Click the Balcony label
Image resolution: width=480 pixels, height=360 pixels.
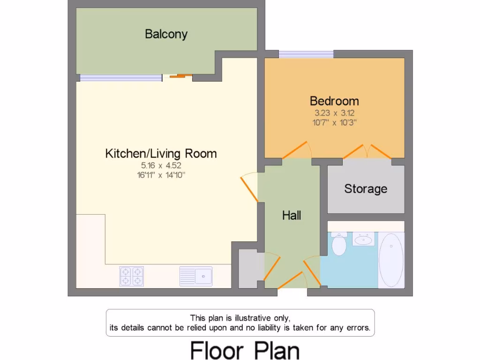point(166,34)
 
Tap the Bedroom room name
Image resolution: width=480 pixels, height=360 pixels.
point(334,101)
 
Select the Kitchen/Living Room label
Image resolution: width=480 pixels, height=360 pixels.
point(161,153)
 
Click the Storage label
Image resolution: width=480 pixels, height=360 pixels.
point(366,189)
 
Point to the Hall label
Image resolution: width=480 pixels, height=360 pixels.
point(291,216)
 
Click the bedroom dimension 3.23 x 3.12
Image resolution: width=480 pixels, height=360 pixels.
point(334,113)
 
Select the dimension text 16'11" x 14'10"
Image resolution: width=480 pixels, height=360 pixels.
point(161,175)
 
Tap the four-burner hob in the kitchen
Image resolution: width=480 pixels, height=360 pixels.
point(131,276)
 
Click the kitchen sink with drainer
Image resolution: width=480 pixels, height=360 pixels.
point(196,276)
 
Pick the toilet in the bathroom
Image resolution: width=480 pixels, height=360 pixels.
point(338,244)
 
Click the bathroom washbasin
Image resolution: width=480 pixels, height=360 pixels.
point(364,240)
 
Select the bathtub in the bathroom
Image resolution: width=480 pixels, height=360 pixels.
point(390,260)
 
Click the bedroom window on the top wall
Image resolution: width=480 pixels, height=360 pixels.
point(306,54)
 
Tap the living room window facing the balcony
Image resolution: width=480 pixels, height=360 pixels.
point(120,78)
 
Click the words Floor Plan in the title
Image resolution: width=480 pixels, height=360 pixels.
point(244,350)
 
